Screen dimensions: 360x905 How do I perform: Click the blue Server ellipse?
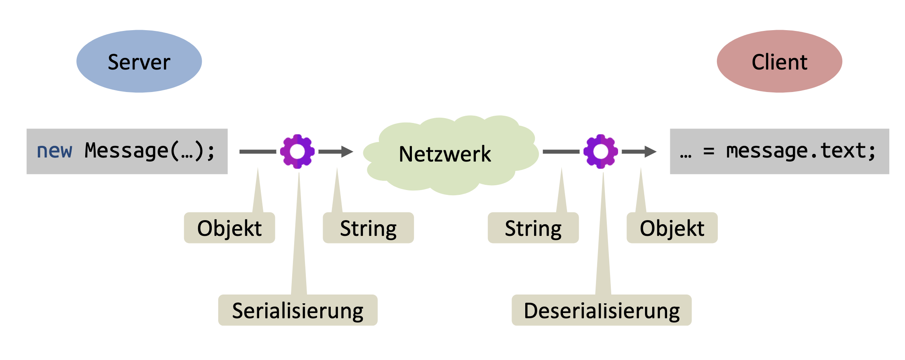139,61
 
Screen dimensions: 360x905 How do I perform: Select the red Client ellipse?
779,61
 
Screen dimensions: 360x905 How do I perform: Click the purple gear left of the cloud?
297,151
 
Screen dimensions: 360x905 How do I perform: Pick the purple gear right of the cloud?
601,151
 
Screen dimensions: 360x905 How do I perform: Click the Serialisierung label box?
298,311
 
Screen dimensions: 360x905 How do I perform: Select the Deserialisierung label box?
602,311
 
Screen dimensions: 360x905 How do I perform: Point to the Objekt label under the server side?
229,228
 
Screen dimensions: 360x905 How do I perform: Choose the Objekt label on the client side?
672,228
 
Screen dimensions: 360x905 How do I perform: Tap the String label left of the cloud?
368,228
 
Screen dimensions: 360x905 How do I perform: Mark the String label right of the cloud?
533,228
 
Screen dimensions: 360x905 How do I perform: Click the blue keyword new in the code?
54,151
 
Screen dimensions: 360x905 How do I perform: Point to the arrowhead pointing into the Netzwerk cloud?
347,151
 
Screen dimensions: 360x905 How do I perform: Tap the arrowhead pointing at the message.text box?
651,151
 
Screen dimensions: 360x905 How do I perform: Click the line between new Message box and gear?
258,151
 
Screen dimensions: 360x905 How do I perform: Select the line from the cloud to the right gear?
561,151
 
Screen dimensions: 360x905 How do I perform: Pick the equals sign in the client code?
708,151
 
